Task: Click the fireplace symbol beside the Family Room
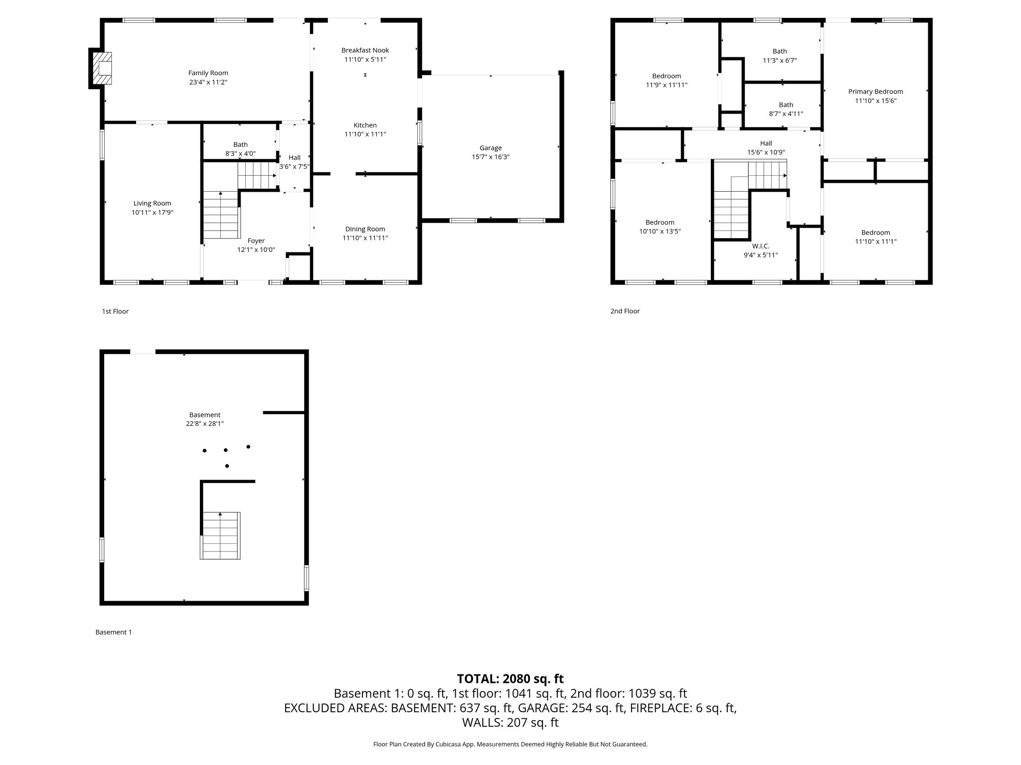[x=103, y=68]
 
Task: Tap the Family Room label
[x=208, y=73]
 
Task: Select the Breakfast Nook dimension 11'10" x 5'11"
[x=365, y=59]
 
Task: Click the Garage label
[x=491, y=148]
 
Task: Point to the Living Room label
[x=152, y=203]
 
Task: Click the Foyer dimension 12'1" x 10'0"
[x=256, y=250]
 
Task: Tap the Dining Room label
[x=365, y=229]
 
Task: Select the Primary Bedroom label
[x=875, y=92]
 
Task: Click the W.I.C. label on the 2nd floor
[x=760, y=246]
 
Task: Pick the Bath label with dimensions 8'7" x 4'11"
[x=786, y=105]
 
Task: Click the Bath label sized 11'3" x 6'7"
[x=780, y=51]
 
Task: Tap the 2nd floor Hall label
[x=766, y=143]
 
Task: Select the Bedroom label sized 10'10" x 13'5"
[x=660, y=223]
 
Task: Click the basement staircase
[x=220, y=535]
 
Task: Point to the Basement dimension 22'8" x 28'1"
[x=204, y=424]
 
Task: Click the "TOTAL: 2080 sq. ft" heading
[x=510, y=679]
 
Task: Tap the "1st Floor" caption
[x=115, y=311]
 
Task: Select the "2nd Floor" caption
[x=625, y=311]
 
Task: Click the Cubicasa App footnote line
[x=510, y=745]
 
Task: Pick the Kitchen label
[x=365, y=126]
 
